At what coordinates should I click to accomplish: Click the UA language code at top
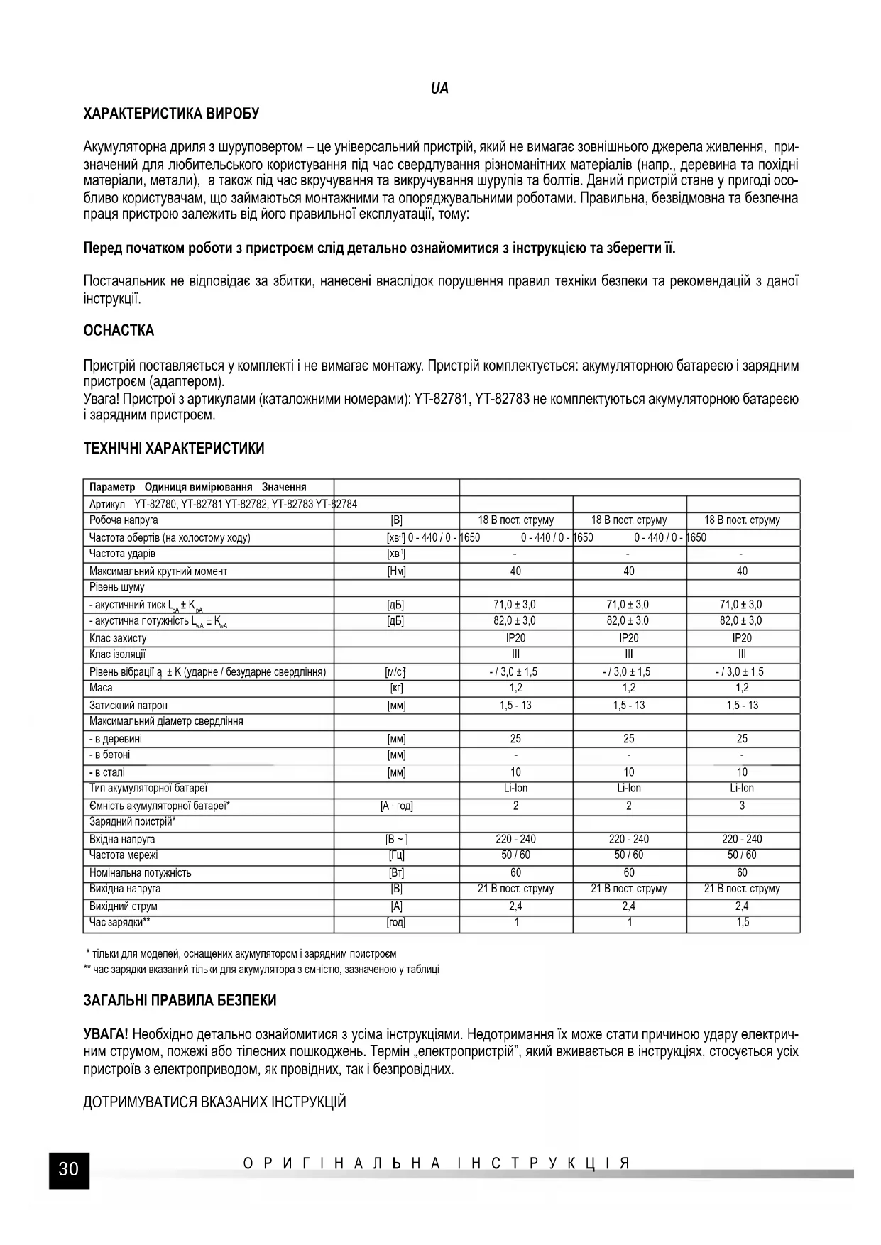click(x=439, y=89)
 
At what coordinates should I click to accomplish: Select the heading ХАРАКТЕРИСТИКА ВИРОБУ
click(x=171, y=114)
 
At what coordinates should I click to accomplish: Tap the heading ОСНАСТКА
click(x=119, y=330)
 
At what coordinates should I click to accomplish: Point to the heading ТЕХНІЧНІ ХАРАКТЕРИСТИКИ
click(x=174, y=449)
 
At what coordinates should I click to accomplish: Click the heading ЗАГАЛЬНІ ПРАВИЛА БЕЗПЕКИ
click(x=180, y=1000)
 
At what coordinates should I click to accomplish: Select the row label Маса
click(x=101, y=688)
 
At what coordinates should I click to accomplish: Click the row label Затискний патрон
click(x=128, y=705)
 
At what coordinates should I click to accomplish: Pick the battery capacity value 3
click(x=742, y=806)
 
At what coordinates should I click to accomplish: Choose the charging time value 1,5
click(x=742, y=922)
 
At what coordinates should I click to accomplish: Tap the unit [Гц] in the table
click(x=396, y=855)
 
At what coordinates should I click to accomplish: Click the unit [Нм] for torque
click(x=396, y=571)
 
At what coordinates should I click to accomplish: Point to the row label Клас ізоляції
click(x=117, y=654)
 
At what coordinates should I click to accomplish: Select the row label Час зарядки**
click(x=119, y=922)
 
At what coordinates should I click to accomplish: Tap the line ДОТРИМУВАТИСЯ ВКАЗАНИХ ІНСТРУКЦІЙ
click(x=214, y=1102)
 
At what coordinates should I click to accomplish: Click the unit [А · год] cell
click(x=396, y=806)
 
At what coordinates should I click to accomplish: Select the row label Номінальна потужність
click(x=140, y=872)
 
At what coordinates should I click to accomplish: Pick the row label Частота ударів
click(x=122, y=554)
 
